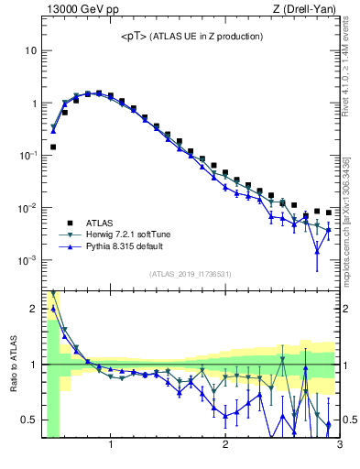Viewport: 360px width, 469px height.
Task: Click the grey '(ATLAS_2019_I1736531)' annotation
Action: tap(191, 275)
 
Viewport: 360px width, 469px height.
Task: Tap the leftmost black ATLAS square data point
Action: tap(53, 147)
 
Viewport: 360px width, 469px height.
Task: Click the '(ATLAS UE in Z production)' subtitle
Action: tap(207, 37)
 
